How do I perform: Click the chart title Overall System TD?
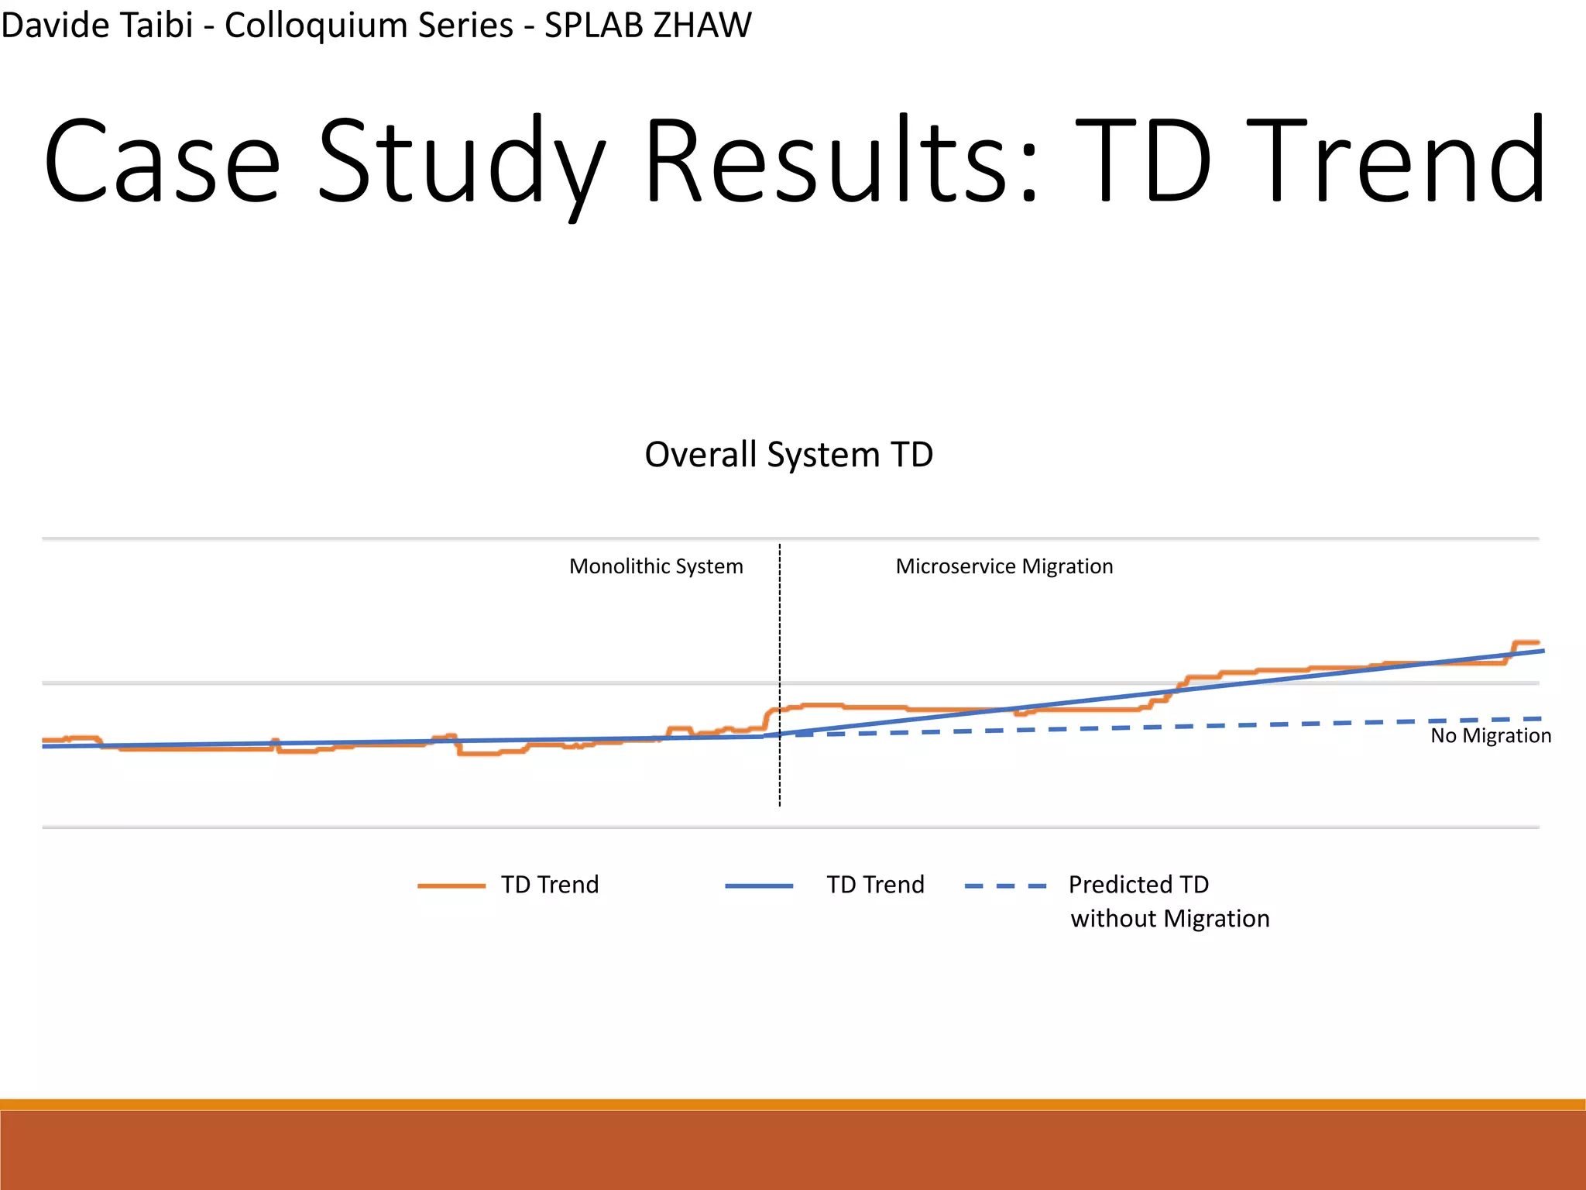pyautogui.click(x=788, y=455)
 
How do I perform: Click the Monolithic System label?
pyautogui.click(x=656, y=566)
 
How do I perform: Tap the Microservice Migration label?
pyautogui.click(x=1004, y=566)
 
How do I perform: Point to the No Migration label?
pyautogui.click(x=1490, y=735)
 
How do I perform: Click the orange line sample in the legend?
pyautogui.click(x=451, y=886)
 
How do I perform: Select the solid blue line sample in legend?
pyautogui.click(x=759, y=886)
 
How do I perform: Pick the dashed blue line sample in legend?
pyautogui.click(x=1005, y=886)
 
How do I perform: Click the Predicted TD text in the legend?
pyautogui.click(x=1138, y=884)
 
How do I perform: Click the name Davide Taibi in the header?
pyautogui.click(x=97, y=25)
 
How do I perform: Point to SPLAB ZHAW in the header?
pyautogui.click(x=647, y=25)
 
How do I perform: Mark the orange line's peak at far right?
pyautogui.click(x=1526, y=642)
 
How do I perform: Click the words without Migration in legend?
pyautogui.click(x=1169, y=919)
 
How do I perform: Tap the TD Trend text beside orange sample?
pyautogui.click(x=550, y=885)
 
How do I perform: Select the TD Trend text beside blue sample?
pyautogui.click(x=875, y=885)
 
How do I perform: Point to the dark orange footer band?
pyautogui.click(x=793, y=1150)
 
